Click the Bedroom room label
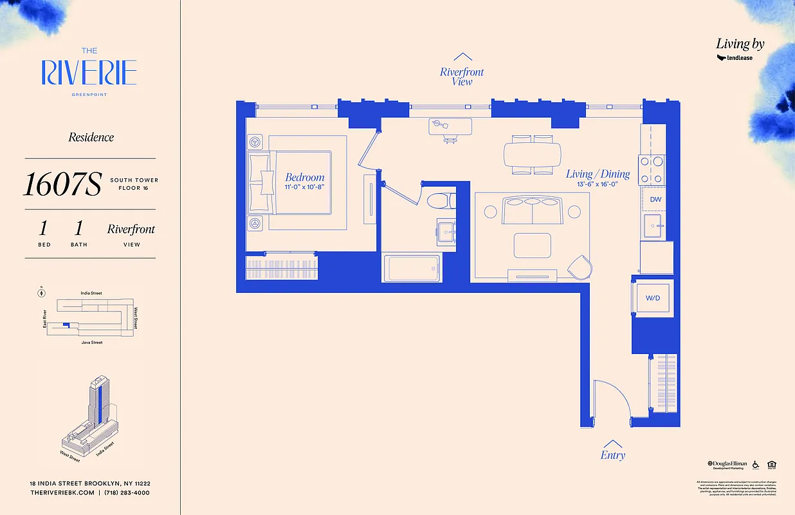point(305,178)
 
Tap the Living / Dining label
point(598,174)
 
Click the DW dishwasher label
point(655,200)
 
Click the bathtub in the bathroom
point(411,268)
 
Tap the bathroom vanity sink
point(447,232)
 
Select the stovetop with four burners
point(651,171)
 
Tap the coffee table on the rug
point(532,245)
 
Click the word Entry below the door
point(612,455)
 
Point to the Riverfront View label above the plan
point(462,77)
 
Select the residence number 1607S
point(62,185)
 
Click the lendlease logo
point(735,58)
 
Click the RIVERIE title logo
point(89,72)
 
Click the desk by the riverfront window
point(450,126)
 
